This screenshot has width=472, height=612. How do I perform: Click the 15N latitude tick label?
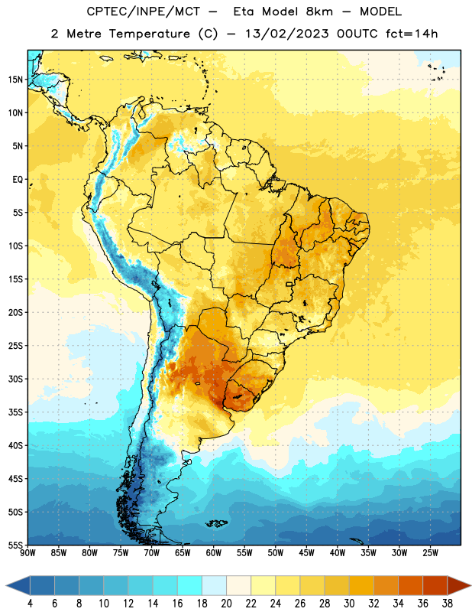[x=15, y=80]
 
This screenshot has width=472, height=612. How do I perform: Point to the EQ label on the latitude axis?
[x=18, y=180]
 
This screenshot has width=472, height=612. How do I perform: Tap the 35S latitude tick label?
[x=15, y=412]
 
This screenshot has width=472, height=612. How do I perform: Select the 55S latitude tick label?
[x=15, y=545]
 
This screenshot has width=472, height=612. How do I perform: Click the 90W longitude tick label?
[x=28, y=552]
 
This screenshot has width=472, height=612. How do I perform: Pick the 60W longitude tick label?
[x=214, y=552]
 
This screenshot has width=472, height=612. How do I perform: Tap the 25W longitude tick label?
[x=430, y=552]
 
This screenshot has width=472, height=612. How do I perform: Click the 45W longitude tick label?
[x=306, y=552]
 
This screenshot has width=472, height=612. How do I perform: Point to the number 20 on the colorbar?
[x=226, y=604]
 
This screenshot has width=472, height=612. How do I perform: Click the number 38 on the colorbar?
[x=448, y=604]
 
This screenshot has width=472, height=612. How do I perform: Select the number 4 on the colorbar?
[x=30, y=604]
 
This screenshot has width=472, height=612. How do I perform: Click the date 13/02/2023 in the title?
[x=286, y=34]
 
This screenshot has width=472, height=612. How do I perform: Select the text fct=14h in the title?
[x=412, y=34]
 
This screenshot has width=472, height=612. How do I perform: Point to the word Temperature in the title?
[x=149, y=34]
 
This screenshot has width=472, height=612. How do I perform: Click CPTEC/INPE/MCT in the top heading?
[x=143, y=11]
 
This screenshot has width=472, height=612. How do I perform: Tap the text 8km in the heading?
[x=319, y=11]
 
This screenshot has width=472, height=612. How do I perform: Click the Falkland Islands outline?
[x=217, y=523]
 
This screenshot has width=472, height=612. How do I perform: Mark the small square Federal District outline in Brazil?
[x=289, y=284]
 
